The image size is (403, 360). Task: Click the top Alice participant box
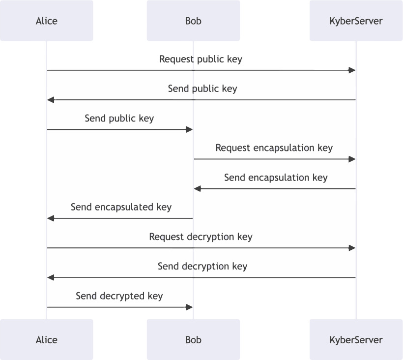tap(47, 21)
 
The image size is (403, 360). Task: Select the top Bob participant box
tap(193, 21)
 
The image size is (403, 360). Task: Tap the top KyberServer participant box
tap(356, 21)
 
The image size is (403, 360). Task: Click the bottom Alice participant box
tap(47, 339)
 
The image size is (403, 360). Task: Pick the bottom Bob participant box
tap(193, 339)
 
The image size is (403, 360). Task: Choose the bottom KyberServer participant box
tap(356, 339)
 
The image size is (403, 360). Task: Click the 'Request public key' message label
tap(201, 60)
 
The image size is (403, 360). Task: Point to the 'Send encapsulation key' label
tap(276, 178)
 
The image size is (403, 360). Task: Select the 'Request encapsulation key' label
tap(274, 148)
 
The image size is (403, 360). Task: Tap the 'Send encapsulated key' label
tap(121, 207)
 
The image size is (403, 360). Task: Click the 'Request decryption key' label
tap(201, 237)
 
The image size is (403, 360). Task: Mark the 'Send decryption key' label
tap(202, 266)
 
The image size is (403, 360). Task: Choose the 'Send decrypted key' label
tap(119, 296)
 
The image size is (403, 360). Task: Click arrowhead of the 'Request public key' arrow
tap(352, 70)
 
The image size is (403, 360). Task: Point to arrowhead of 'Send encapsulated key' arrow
tap(51, 218)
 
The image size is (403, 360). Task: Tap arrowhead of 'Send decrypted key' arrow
tap(189, 307)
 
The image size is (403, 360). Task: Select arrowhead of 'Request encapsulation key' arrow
tap(352, 159)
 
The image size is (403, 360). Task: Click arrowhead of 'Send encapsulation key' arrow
tap(198, 189)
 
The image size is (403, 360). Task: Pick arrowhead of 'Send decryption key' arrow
tap(51, 277)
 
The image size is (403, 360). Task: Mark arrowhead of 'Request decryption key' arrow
tap(352, 248)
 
